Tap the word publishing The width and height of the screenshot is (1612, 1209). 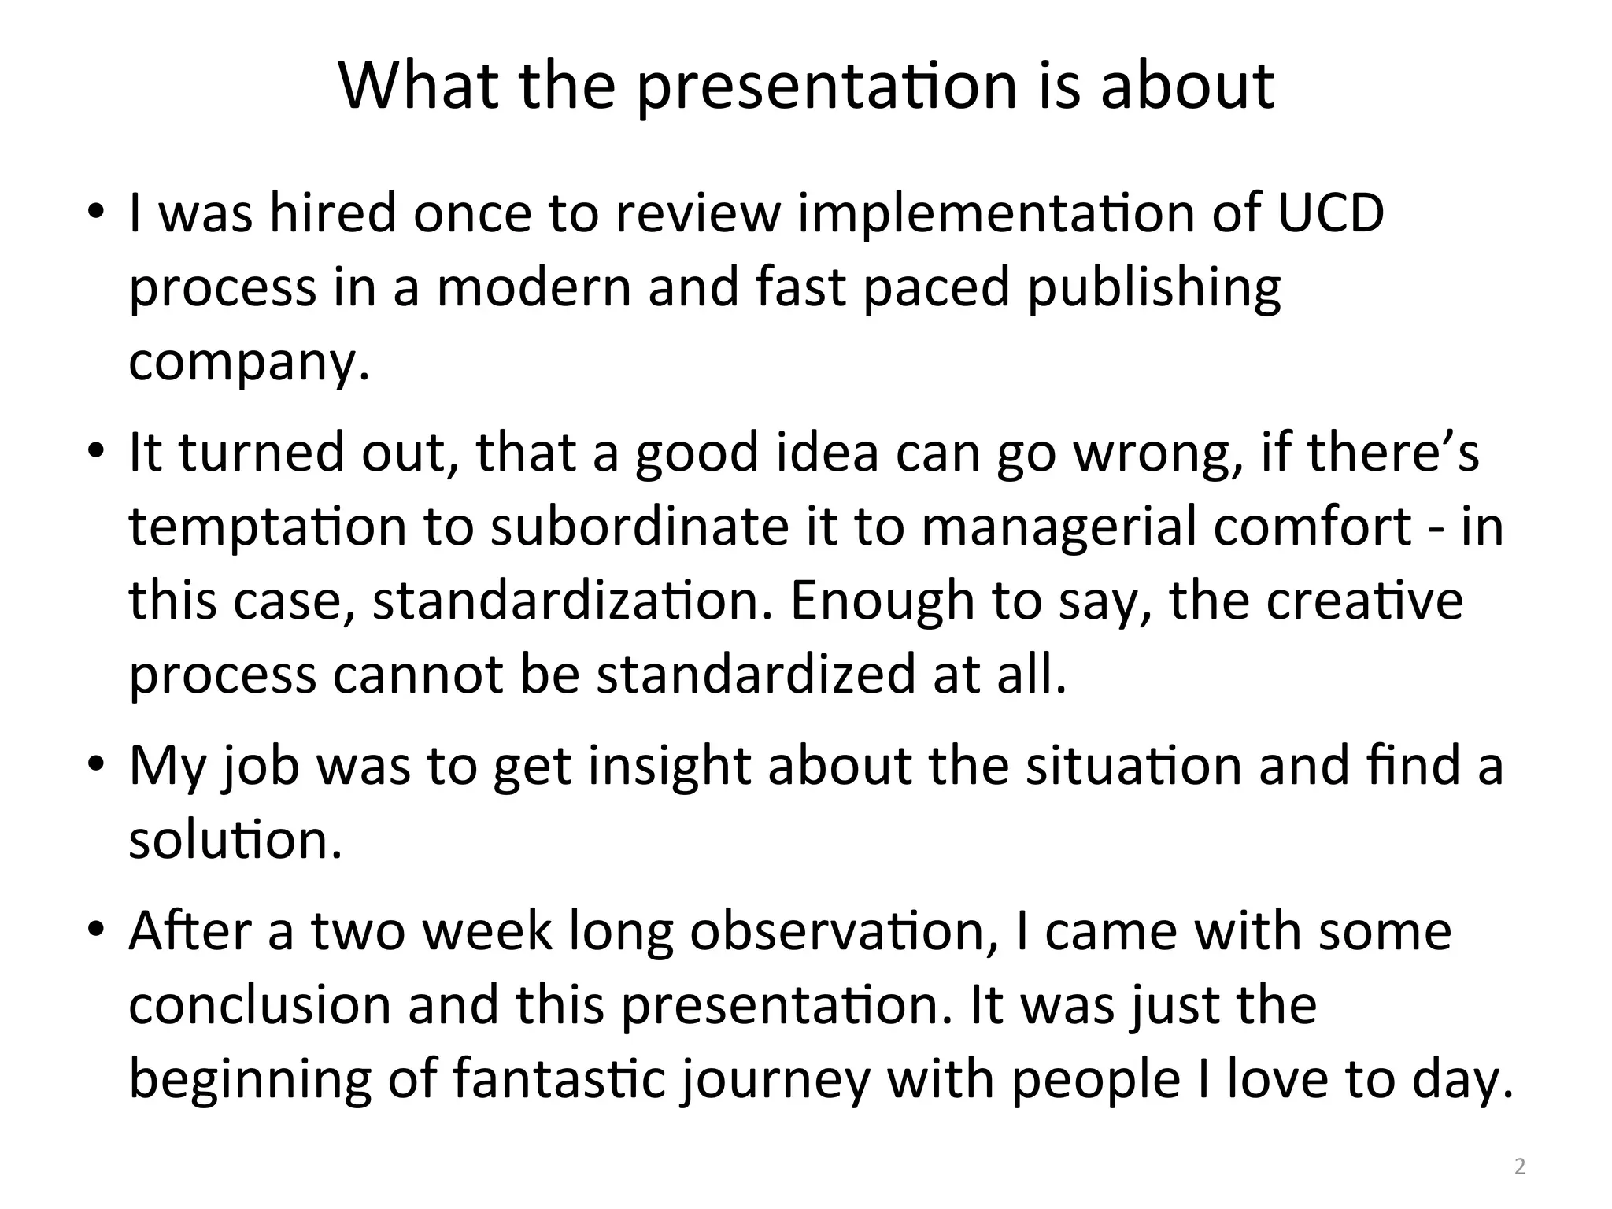[x=1154, y=288]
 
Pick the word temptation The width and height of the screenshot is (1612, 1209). [x=268, y=527]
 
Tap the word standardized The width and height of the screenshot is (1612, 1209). [x=756, y=675]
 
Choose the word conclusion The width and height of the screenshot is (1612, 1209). [x=260, y=1005]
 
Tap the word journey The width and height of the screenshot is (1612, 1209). [x=775, y=1081]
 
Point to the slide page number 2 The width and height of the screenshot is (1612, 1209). [x=1520, y=1166]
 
